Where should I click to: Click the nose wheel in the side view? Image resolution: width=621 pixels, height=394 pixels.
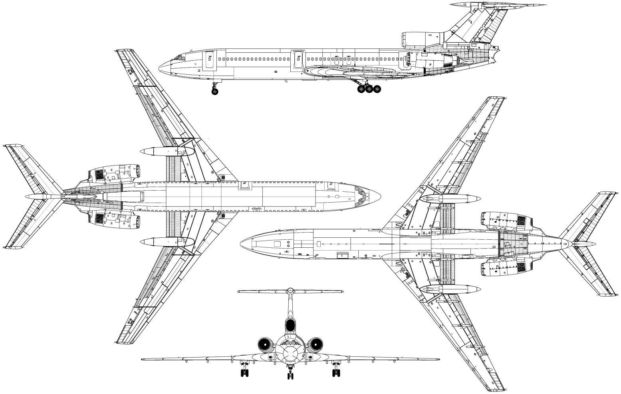(215, 92)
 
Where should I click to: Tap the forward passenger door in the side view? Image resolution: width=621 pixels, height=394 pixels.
(209, 60)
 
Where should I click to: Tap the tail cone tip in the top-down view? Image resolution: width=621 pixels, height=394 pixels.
(26, 197)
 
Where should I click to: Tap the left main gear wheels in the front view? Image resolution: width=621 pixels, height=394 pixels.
(244, 373)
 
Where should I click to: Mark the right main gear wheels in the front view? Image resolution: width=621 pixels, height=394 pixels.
(336, 373)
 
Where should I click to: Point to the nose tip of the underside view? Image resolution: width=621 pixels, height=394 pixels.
(241, 243)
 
